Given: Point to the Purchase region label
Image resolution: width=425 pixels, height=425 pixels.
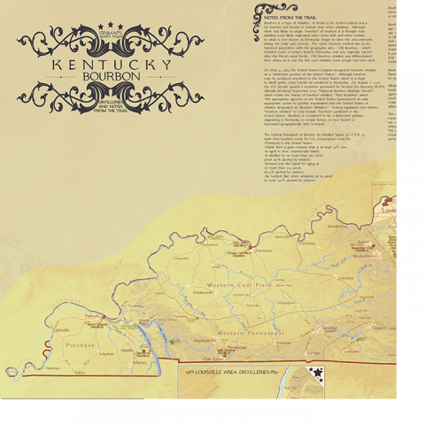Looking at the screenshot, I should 80,345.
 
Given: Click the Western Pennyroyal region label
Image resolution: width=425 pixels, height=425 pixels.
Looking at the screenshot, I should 251,332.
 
